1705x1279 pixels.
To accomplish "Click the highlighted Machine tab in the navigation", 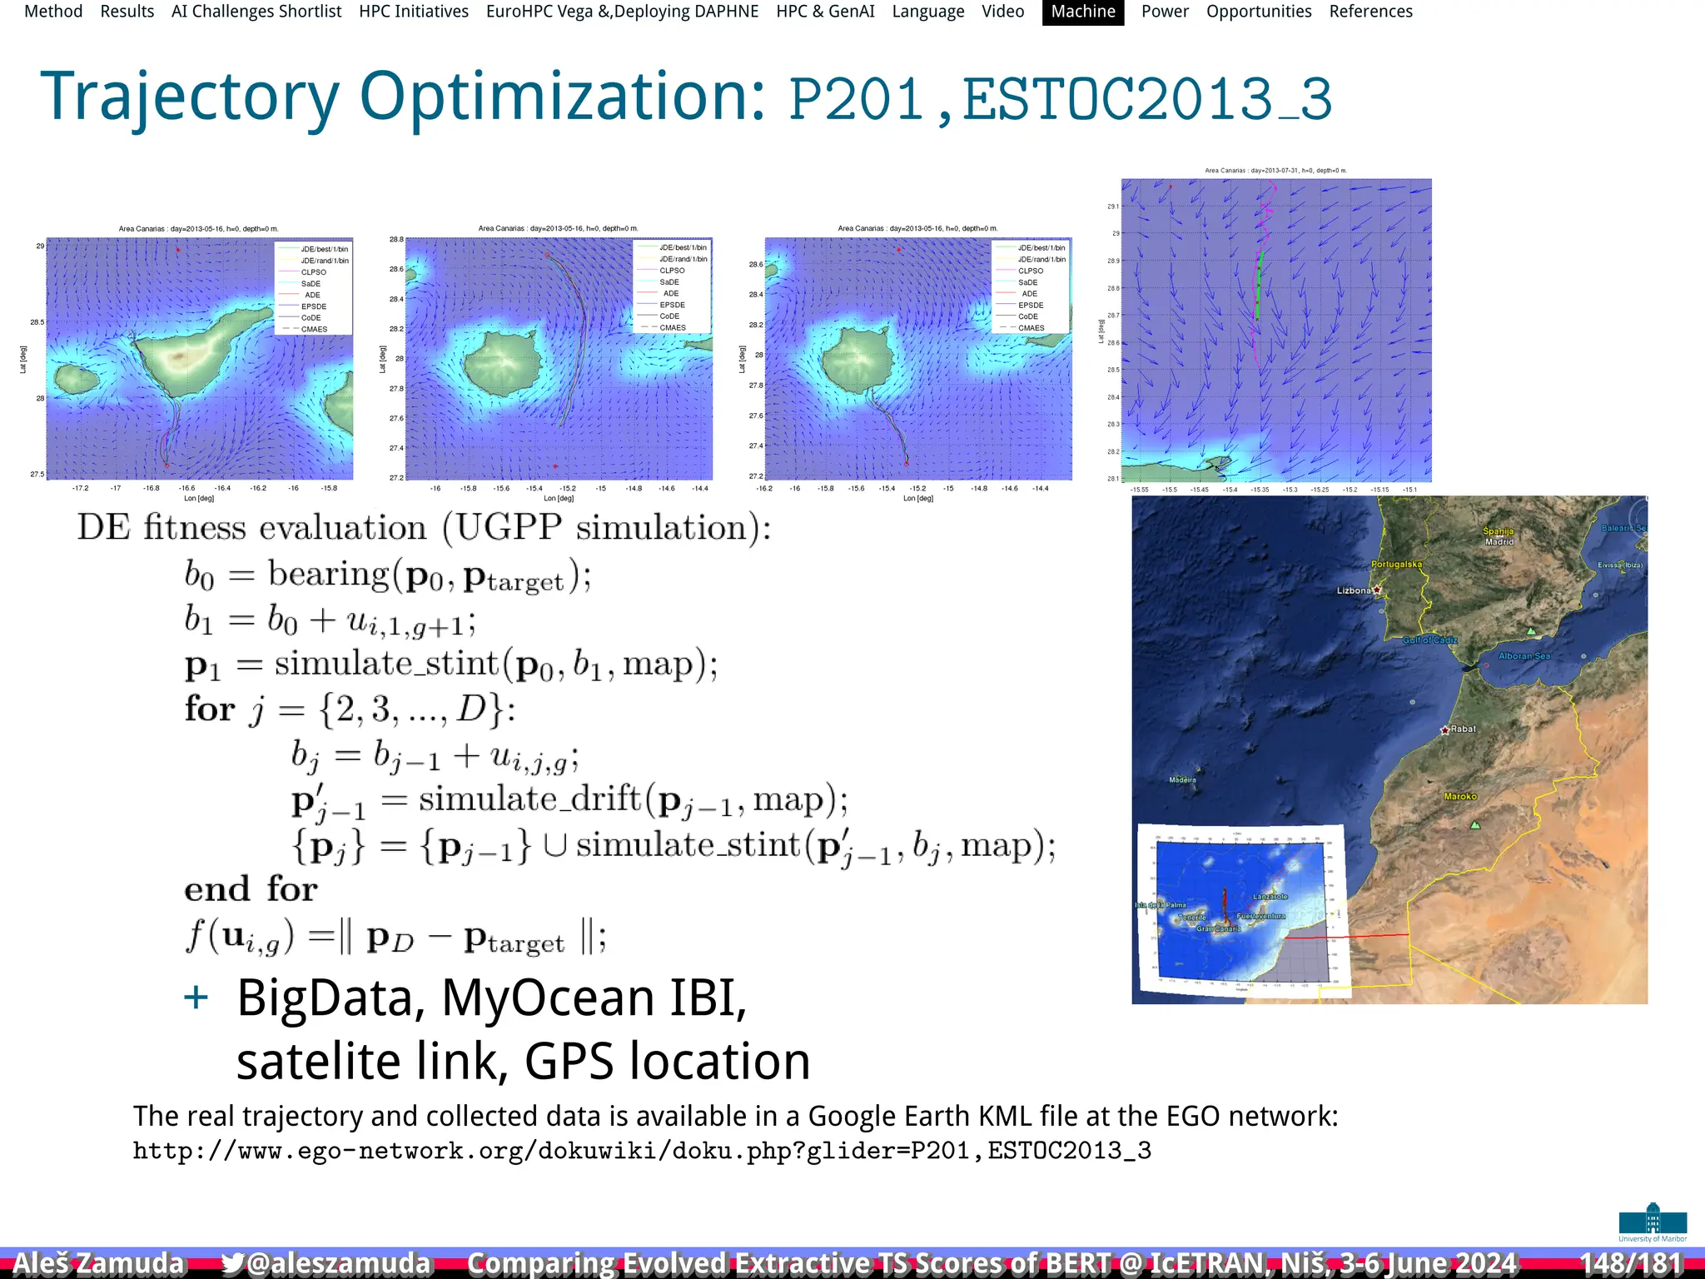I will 1082,12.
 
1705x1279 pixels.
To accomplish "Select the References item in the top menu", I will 1370,12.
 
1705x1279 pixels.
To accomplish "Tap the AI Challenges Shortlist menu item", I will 256,12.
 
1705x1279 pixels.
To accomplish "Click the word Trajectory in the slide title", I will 190,98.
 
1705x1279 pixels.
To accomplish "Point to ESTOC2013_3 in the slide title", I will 1147,100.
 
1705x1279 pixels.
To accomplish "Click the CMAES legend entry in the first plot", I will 314,330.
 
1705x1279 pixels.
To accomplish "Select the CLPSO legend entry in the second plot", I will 672,271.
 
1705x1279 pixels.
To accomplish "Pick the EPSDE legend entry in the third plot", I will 1031,306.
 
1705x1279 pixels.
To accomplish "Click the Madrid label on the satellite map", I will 1499,542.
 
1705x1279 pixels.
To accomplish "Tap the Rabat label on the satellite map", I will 1462,729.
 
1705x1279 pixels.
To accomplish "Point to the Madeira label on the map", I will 1182,780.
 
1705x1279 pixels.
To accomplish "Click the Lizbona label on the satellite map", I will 1354,590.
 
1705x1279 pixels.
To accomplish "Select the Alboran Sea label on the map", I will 1524,656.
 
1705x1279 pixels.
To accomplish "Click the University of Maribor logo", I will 1653,1222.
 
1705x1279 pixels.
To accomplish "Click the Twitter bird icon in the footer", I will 232,1263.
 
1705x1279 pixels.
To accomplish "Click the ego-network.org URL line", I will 642,1151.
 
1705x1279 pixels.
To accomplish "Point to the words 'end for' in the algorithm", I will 251,889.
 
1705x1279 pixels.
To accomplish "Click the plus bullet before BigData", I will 196,997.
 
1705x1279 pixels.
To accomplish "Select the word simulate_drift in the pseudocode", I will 529,799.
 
